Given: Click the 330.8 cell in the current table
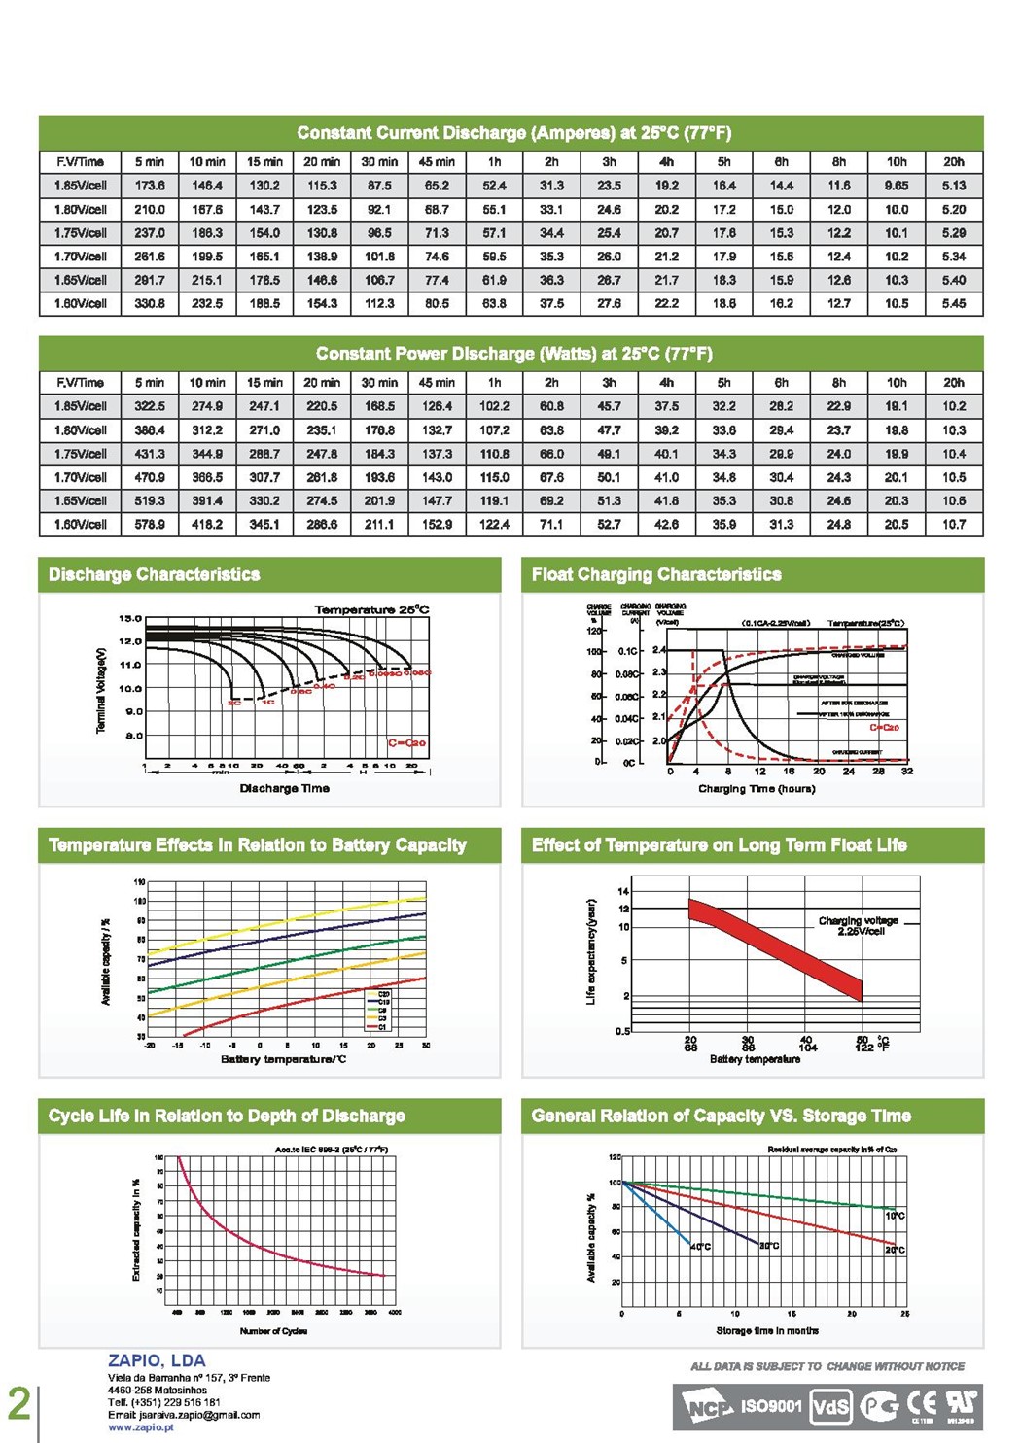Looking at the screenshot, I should point(150,303).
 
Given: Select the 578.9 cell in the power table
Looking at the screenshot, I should point(150,524).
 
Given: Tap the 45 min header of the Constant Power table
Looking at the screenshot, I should point(437,382).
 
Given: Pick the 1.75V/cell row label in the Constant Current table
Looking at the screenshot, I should point(81,233).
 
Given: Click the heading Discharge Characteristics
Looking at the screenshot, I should point(155,574).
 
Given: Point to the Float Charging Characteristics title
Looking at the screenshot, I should point(656,574).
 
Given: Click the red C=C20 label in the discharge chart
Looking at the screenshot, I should point(406,742).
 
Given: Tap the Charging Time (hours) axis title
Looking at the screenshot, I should point(757,788).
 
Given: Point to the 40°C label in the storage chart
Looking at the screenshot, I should point(700,1246).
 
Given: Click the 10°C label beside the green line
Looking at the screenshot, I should point(895,1216).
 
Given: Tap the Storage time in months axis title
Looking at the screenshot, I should point(767,1330).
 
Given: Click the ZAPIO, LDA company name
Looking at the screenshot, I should point(157,1360).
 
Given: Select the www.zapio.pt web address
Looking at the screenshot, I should point(141,1427).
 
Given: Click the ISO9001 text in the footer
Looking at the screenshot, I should point(771,1405).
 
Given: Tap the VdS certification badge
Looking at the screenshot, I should point(830,1406).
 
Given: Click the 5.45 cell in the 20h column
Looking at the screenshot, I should point(953,303).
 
